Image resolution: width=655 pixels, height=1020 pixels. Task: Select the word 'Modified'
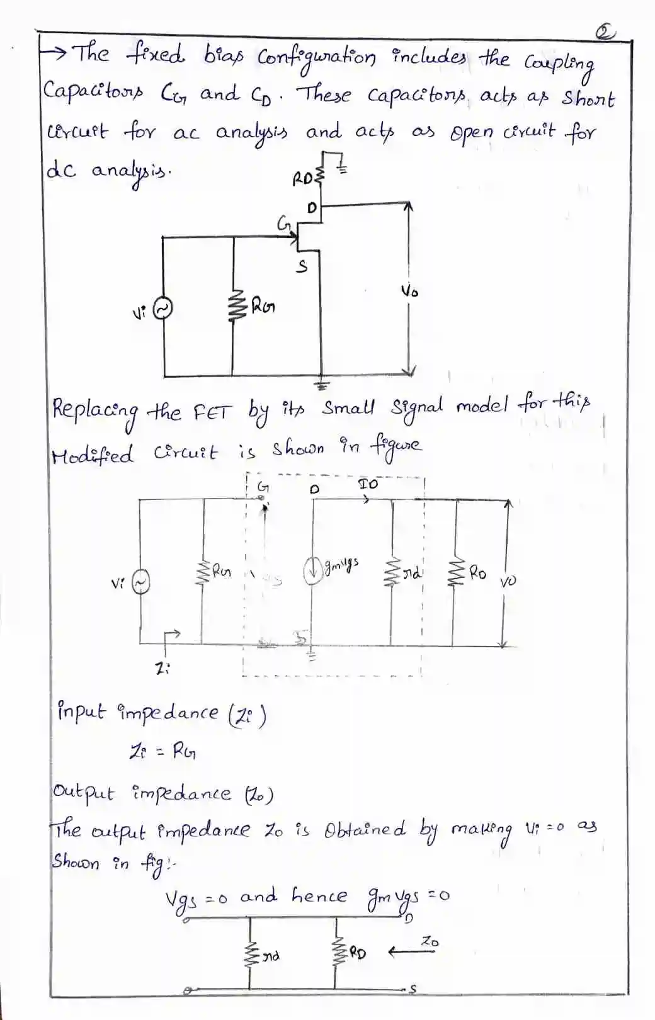point(93,454)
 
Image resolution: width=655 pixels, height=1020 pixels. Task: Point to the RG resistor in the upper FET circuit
point(234,306)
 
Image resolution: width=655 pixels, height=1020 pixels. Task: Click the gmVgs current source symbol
point(313,571)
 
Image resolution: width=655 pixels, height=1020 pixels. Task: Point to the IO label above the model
point(368,484)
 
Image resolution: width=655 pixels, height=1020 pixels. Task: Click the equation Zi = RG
point(162,751)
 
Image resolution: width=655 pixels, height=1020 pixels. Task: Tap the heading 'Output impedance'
point(162,793)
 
